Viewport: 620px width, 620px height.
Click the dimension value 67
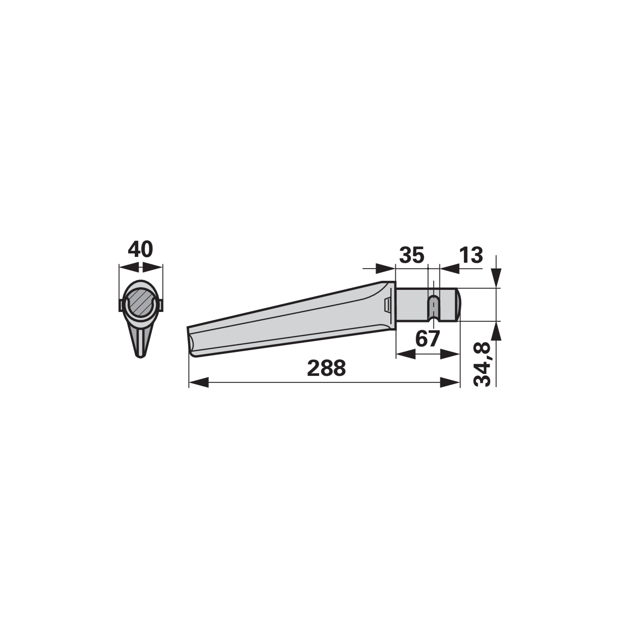coord(427,339)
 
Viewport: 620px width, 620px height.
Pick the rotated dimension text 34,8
coord(482,364)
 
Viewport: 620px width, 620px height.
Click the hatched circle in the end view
coord(140,303)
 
